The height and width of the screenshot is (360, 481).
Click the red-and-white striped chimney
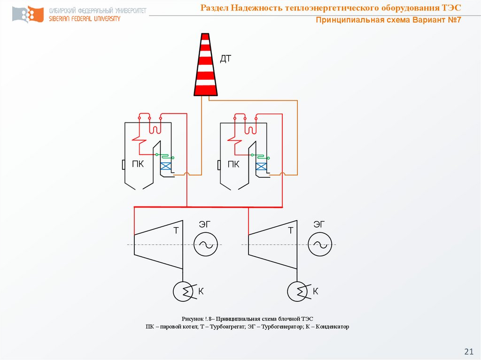click(206, 65)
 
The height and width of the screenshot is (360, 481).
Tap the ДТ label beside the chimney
click(225, 59)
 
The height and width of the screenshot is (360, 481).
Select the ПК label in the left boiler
click(138, 164)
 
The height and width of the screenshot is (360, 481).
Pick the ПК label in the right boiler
click(233, 164)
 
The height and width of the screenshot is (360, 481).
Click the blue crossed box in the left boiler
click(166, 166)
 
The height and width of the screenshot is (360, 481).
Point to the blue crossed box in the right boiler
click(261, 167)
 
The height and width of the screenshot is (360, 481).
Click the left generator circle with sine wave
click(206, 245)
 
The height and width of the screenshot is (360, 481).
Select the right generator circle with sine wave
click(320, 245)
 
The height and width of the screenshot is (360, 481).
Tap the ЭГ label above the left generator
click(205, 224)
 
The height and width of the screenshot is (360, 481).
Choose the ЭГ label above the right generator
click(319, 224)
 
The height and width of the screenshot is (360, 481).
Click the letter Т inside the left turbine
click(176, 230)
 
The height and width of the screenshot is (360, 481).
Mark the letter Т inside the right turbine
click(290, 230)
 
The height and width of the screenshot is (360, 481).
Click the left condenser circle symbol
click(183, 291)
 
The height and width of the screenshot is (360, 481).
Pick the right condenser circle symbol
click(297, 291)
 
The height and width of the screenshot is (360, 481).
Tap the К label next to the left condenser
click(201, 291)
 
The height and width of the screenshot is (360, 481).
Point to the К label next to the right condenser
click(315, 291)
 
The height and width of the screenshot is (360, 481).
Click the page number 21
click(469, 351)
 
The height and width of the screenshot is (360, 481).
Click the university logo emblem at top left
click(28, 14)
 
